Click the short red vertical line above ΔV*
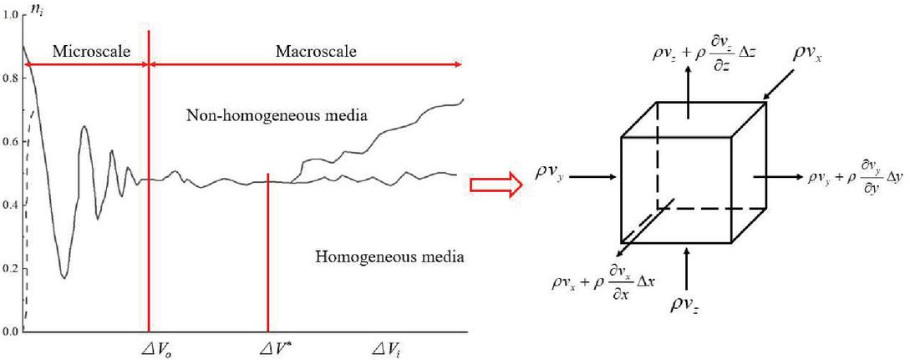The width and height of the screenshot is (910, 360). [267, 251]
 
